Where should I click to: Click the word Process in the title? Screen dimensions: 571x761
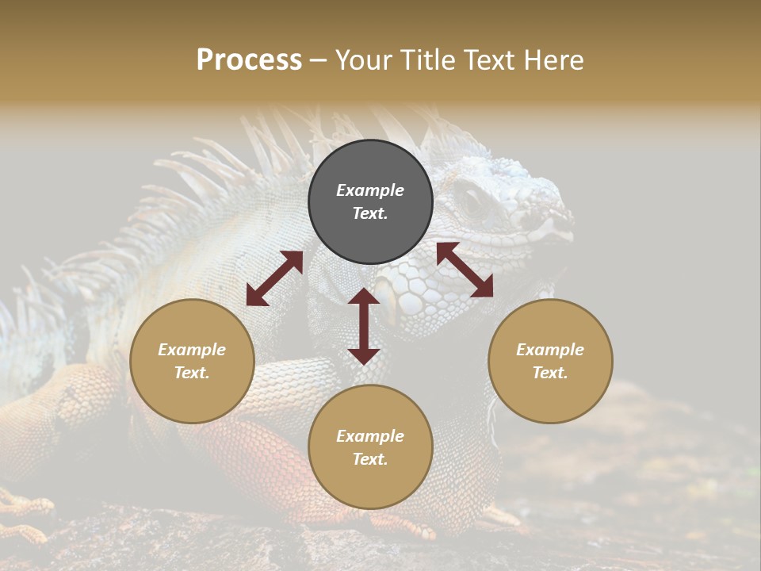pyautogui.click(x=249, y=60)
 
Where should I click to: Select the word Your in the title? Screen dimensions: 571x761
pyautogui.click(x=363, y=60)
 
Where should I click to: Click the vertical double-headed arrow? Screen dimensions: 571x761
pyautogui.click(x=364, y=326)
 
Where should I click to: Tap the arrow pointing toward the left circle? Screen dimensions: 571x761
pyautogui.click(x=274, y=278)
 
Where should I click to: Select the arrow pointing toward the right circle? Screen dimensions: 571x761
pyautogui.click(x=465, y=270)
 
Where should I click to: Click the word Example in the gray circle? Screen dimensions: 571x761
pyautogui.click(x=370, y=190)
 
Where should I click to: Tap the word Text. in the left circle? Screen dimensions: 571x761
pyautogui.click(x=192, y=373)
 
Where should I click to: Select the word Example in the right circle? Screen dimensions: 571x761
pyautogui.click(x=550, y=350)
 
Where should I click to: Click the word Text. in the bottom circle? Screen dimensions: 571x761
pyautogui.click(x=370, y=459)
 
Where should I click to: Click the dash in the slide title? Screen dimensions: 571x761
pyautogui.click(x=318, y=60)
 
